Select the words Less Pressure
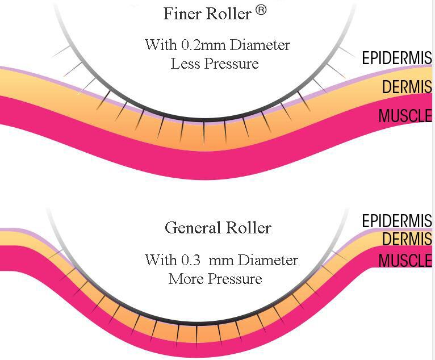[x=215, y=64]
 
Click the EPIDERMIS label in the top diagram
[x=397, y=58]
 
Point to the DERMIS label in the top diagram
[x=407, y=87]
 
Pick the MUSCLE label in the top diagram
[x=405, y=116]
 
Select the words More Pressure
[x=215, y=279]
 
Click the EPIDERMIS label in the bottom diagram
[x=397, y=220]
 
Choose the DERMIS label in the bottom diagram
[x=407, y=240]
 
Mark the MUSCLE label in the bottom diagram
[x=405, y=261]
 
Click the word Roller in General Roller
[x=247, y=228]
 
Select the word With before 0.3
[x=160, y=260]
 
